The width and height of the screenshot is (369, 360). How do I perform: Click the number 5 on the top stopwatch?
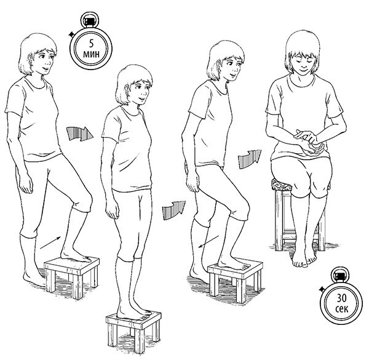(91, 44)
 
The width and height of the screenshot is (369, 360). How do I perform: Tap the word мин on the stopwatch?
(91, 54)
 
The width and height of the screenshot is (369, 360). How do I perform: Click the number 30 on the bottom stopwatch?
(341, 298)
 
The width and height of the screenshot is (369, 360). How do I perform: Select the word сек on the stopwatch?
(342, 308)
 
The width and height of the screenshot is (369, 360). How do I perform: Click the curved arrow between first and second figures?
(79, 134)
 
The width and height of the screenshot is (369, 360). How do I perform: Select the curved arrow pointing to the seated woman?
(250, 158)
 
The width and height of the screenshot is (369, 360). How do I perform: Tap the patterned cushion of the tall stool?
(282, 185)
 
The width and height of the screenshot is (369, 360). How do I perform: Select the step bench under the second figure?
(133, 332)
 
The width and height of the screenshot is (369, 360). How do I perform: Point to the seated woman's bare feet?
(304, 258)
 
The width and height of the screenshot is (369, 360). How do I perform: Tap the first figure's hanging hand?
(25, 184)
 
